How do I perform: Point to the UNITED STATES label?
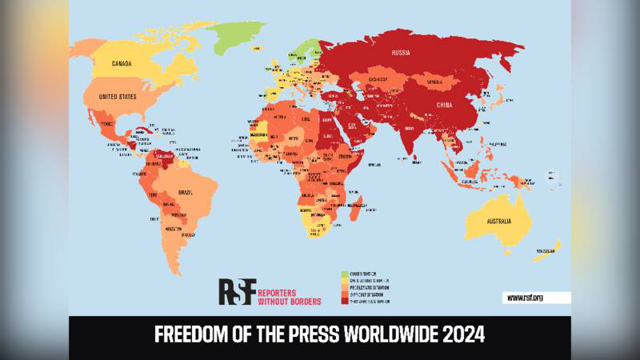(x=117, y=97)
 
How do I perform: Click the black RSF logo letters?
(x=237, y=291)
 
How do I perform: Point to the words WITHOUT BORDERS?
(x=289, y=301)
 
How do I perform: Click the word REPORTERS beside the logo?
(x=289, y=291)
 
